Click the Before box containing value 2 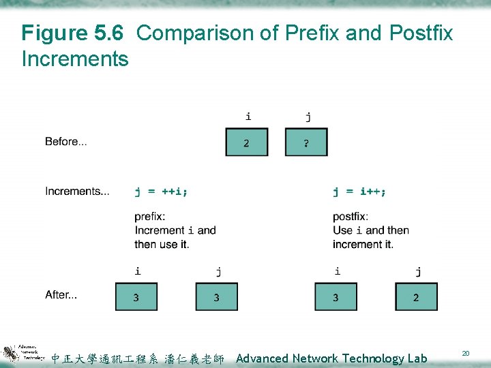pos(247,142)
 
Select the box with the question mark pos(306,142)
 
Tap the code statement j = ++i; pos(161,191)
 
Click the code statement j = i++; pos(359,191)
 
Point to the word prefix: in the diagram pos(149,217)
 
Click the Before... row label pos(66,142)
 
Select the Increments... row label pos(77,191)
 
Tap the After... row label pos(61,295)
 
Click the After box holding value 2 pos(416,297)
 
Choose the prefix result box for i pos(136,297)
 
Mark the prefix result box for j pos(217,297)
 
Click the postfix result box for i pos(336,297)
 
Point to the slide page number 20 pos(466,353)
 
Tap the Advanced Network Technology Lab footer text pos(331,358)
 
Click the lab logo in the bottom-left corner pos(23,353)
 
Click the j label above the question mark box pos(308,117)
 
